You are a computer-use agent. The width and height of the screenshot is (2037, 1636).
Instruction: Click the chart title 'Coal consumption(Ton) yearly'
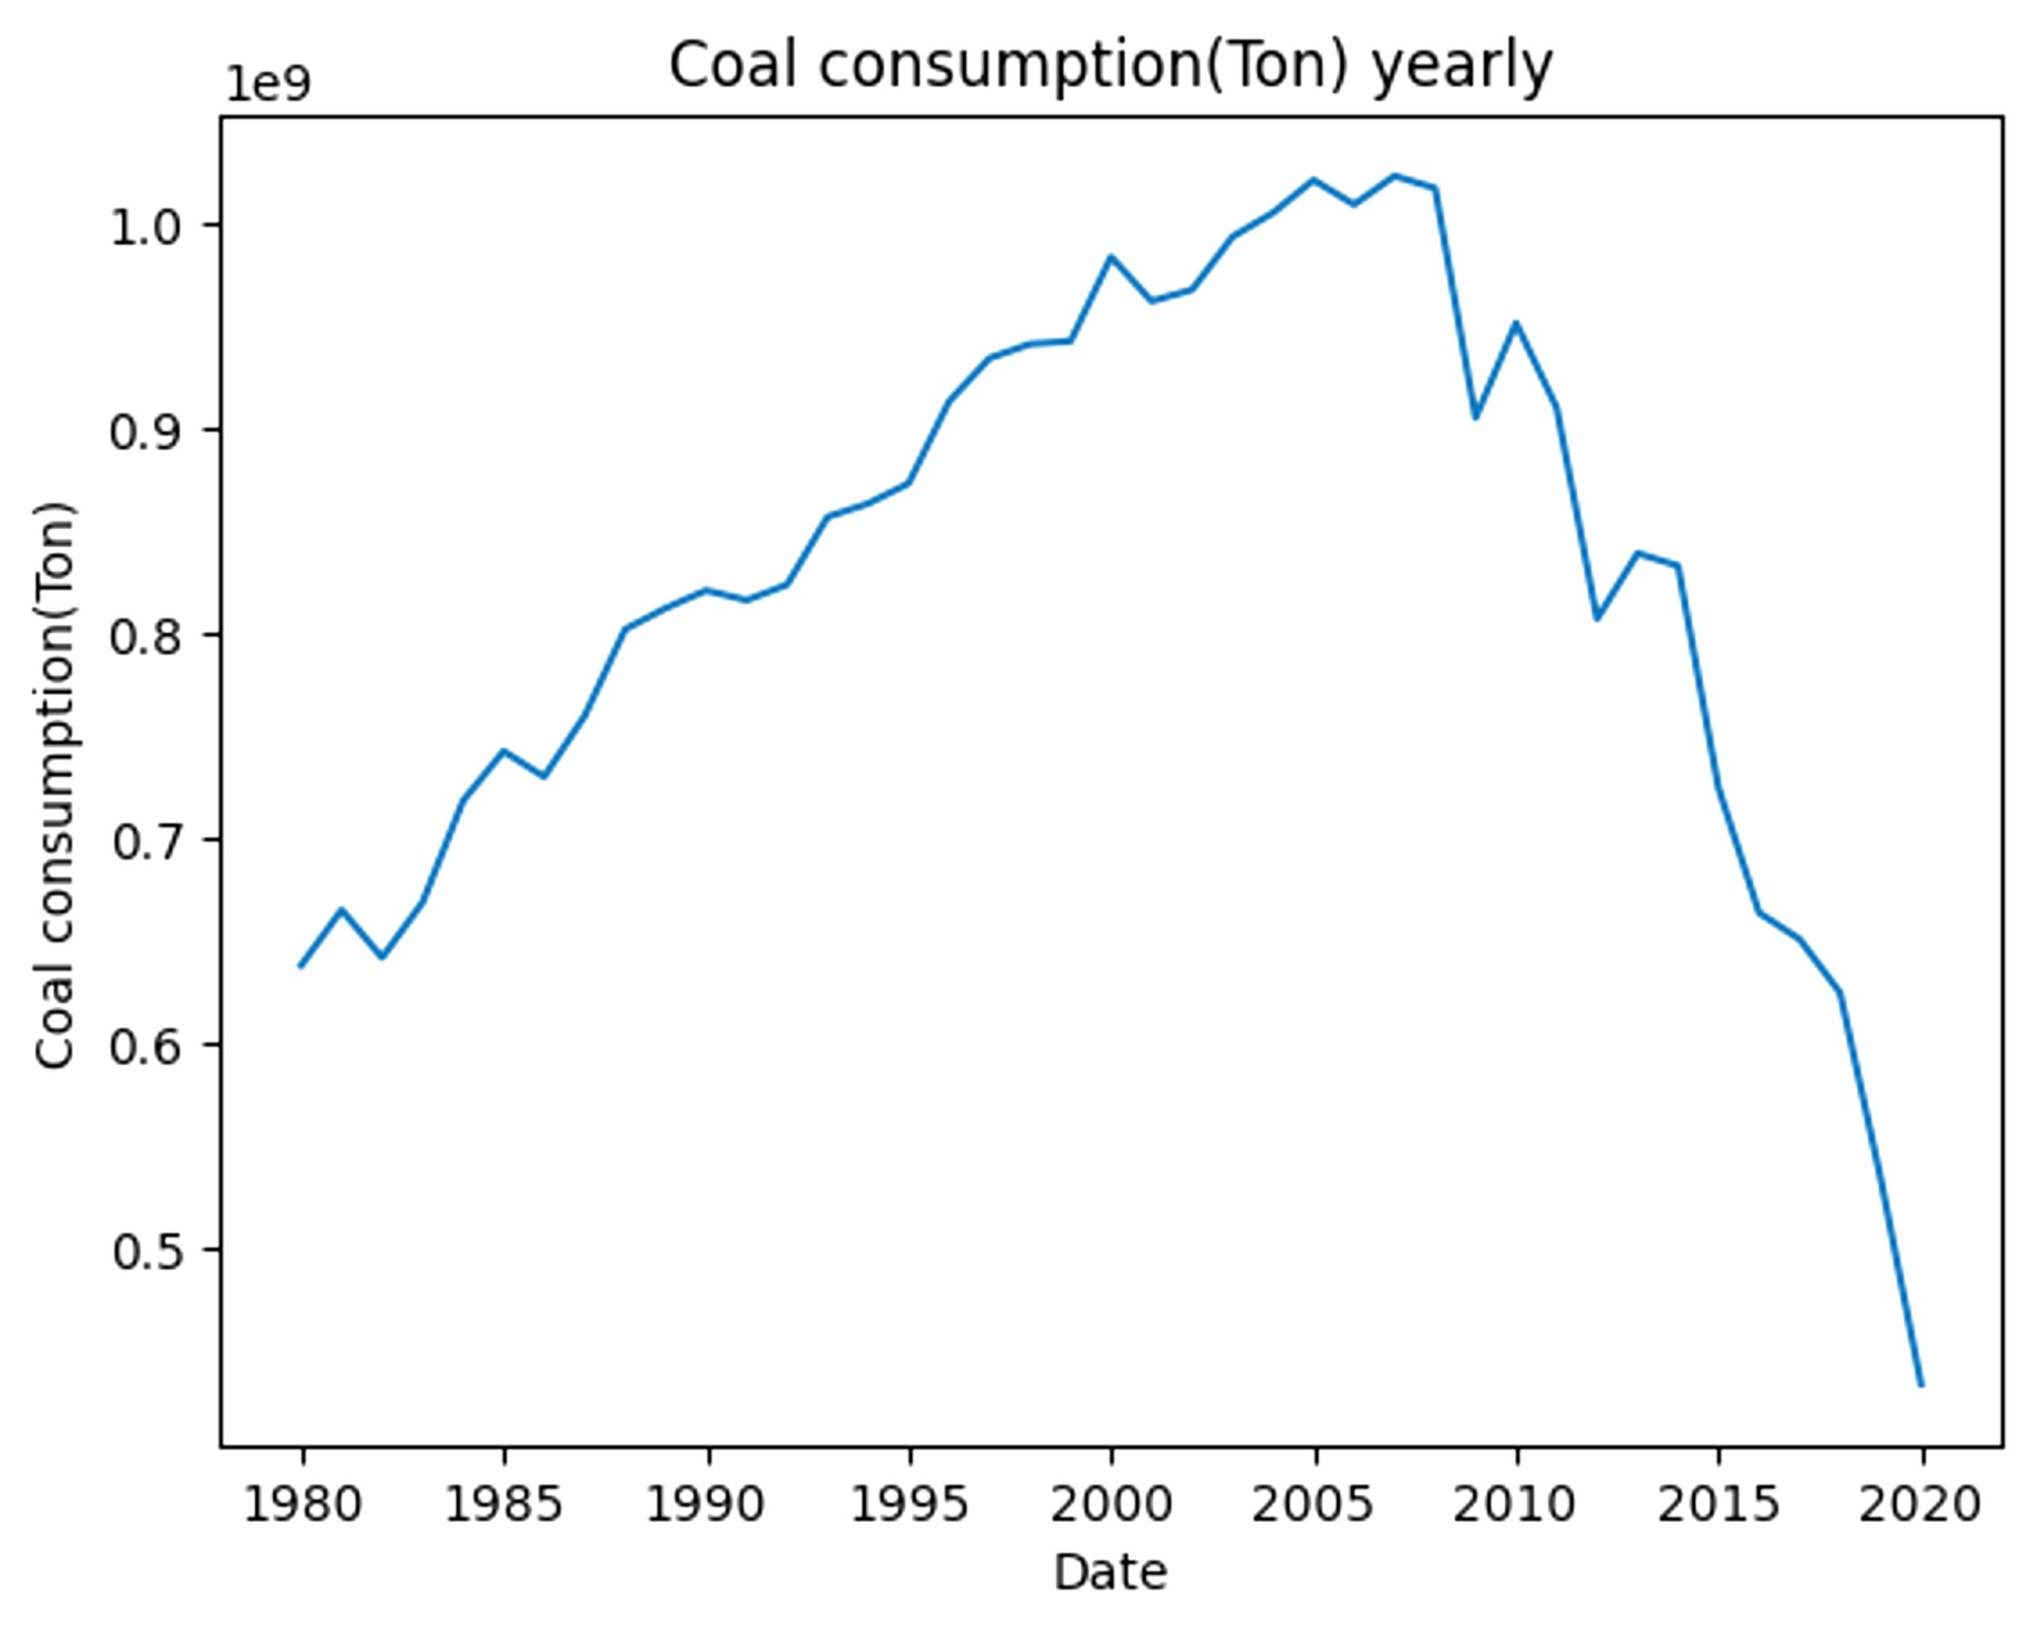point(1111,67)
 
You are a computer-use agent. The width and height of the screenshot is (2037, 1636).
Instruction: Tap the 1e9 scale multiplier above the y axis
point(267,85)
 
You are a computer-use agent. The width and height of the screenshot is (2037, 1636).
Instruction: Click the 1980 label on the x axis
point(302,1505)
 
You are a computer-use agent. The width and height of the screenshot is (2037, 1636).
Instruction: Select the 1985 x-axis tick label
point(504,1505)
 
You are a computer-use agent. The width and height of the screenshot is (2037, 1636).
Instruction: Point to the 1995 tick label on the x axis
point(909,1505)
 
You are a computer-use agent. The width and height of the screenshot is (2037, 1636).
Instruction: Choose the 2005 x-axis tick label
point(1313,1505)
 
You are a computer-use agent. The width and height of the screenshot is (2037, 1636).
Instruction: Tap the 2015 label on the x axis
point(1719,1505)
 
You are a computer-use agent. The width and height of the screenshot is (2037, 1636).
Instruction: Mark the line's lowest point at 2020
point(1921,1385)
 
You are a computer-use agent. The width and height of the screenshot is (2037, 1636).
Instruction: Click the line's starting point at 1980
point(302,966)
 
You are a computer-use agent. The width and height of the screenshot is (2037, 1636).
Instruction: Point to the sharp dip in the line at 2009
point(1476,418)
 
